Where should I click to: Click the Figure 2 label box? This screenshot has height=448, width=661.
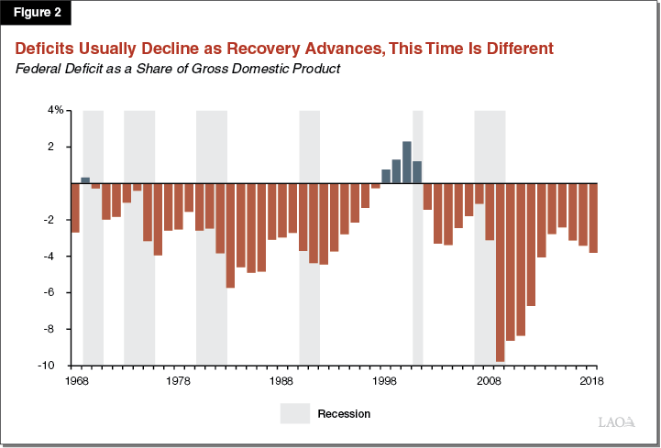(x=36, y=15)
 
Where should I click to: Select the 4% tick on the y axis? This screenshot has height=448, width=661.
(x=56, y=110)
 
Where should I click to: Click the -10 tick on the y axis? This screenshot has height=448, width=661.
(x=55, y=366)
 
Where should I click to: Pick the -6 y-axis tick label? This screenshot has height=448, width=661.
(x=57, y=292)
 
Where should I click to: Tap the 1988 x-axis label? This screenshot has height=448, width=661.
(x=282, y=379)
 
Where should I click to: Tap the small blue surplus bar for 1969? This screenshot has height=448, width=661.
(x=85, y=180)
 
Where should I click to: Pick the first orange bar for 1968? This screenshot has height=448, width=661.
(x=75, y=208)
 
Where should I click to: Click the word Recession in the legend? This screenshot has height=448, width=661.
(x=344, y=414)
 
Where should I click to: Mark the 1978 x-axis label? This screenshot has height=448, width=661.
(x=179, y=379)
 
